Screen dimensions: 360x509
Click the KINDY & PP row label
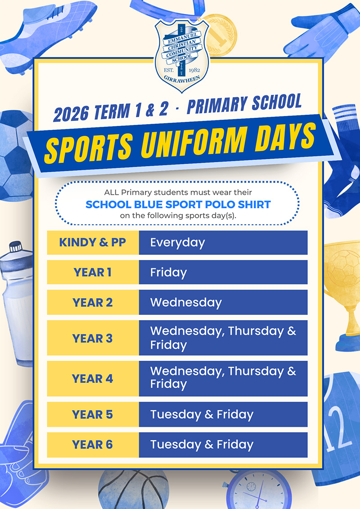93,242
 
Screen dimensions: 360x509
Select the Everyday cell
223,242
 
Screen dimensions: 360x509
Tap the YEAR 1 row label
93,272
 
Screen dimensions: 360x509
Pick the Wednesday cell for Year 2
223,302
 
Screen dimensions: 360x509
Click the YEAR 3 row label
93,338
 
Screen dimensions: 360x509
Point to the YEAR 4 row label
93,379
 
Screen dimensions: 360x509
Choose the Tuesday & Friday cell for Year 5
223,415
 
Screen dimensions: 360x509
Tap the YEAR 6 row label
93,445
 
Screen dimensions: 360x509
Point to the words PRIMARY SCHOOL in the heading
244,104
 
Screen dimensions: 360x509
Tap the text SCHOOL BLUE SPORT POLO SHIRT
178,205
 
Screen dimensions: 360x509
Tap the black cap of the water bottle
16,247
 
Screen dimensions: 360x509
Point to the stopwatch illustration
257,491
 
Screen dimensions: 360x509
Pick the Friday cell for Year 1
223,272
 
